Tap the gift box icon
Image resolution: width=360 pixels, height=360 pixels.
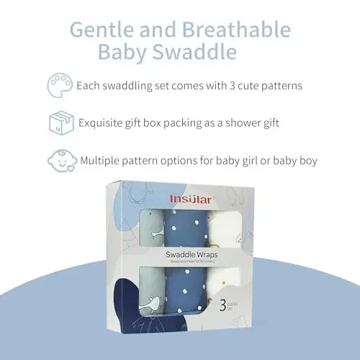[60, 122]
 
